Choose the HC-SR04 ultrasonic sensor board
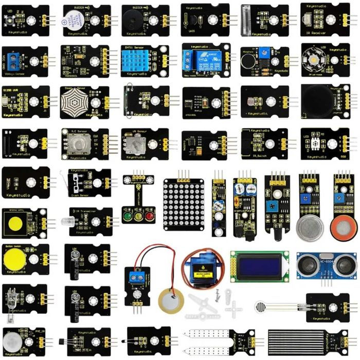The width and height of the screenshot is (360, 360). point(327,266)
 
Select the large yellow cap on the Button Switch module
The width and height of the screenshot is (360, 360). point(14,260)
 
